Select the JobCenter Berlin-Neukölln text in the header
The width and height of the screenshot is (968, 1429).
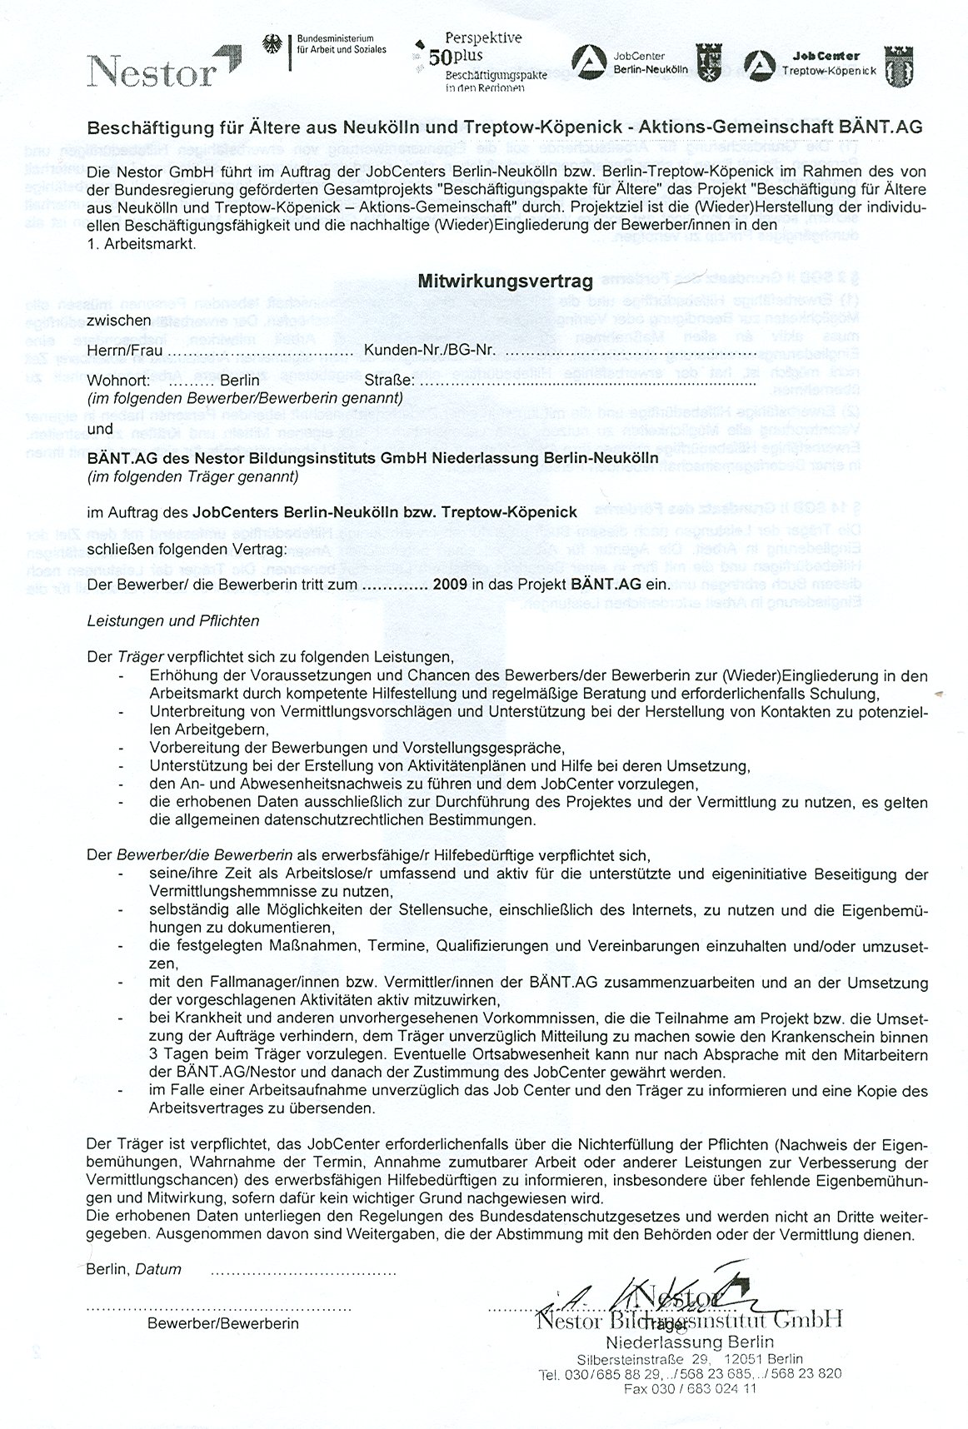click(x=650, y=63)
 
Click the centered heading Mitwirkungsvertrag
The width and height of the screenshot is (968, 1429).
click(x=505, y=281)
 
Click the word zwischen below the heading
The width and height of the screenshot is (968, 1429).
click(x=119, y=320)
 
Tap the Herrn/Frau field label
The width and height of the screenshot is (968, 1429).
click(x=119, y=351)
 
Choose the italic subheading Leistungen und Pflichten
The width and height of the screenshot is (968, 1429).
click(x=173, y=620)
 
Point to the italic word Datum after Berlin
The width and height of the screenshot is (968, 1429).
click(x=158, y=1270)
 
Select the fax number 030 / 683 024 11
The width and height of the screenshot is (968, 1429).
click(x=689, y=1388)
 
